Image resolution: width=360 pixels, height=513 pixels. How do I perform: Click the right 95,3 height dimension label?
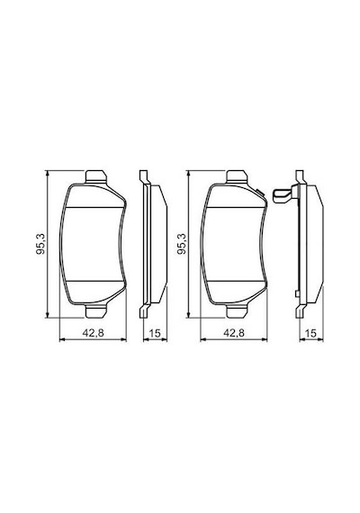pyautogui.click(x=183, y=244)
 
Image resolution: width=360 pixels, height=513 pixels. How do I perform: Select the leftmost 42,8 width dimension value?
pyautogui.click(x=94, y=333)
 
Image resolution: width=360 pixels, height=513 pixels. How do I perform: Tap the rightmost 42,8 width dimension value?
pyautogui.click(x=234, y=333)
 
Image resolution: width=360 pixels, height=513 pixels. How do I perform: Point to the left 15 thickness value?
pyautogui.click(x=155, y=333)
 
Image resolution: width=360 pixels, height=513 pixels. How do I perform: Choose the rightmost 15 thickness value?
pyautogui.click(x=310, y=333)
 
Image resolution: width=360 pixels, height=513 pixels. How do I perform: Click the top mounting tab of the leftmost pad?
pyautogui.click(x=95, y=176)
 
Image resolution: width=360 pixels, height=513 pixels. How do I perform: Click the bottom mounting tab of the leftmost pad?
pyautogui.click(x=95, y=311)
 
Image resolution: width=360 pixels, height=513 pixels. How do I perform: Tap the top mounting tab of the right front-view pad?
pyautogui.click(x=237, y=176)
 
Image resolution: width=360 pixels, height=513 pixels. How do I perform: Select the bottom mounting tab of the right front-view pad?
pyautogui.click(x=237, y=311)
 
